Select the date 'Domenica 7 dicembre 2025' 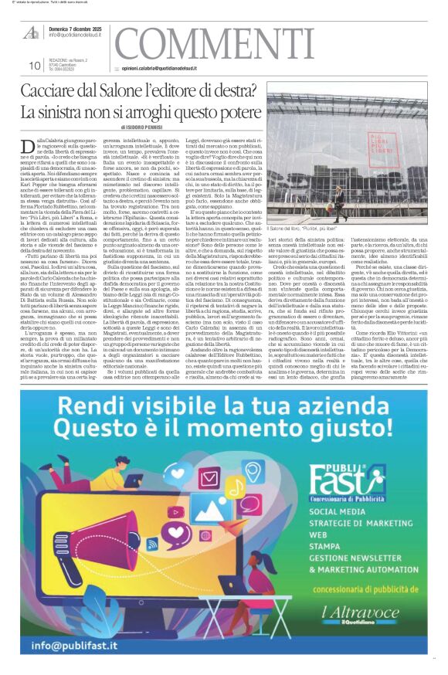click(76, 27)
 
